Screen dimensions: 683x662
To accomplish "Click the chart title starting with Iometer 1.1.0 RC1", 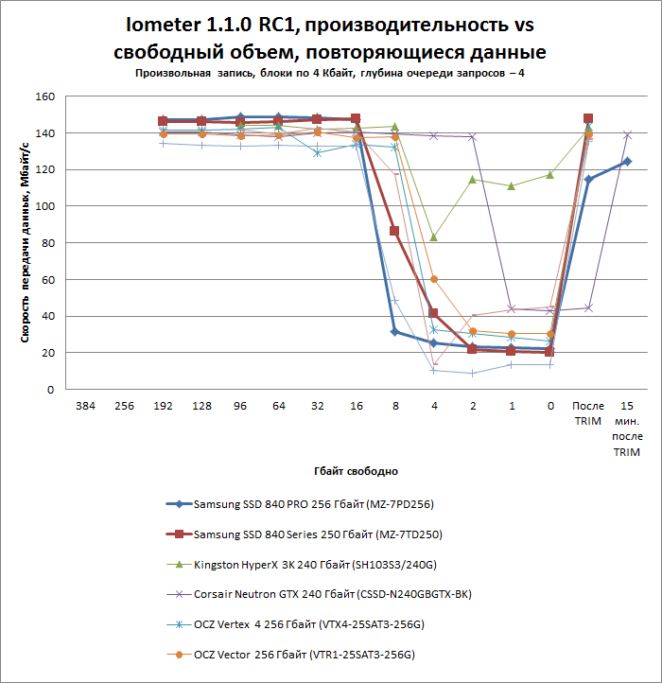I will tap(335, 38).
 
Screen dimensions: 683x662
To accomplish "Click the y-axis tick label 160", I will tap(45, 97).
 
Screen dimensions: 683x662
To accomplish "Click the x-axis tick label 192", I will tap(163, 406).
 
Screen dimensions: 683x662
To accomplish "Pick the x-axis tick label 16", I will tap(355, 406).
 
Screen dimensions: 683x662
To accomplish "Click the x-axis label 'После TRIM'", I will tap(587, 412).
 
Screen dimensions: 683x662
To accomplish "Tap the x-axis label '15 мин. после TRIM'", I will tap(626, 428).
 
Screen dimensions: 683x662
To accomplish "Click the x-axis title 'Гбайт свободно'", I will tap(356, 470).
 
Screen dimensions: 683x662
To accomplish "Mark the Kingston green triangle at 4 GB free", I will tap(433, 236).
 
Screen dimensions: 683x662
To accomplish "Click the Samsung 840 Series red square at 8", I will tap(394, 231).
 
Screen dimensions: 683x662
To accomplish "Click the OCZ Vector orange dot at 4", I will tap(433, 279).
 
